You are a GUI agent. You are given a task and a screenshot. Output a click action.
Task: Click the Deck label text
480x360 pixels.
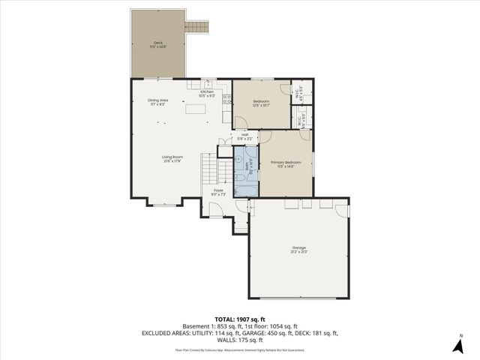(157, 43)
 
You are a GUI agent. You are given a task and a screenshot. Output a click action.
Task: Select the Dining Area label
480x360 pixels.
(157, 101)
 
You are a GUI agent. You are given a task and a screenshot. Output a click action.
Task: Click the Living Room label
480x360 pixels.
(172, 158)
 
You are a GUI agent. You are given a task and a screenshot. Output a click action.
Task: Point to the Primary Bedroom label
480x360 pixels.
(286, 163)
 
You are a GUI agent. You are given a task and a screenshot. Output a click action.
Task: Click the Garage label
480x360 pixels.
(299, 249)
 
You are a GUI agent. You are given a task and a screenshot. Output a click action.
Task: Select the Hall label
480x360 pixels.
(245, 136)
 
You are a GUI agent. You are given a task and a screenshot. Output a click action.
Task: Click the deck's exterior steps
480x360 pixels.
(196, 27)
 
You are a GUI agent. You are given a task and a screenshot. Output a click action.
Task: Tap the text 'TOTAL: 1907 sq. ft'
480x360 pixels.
(240, 319)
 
